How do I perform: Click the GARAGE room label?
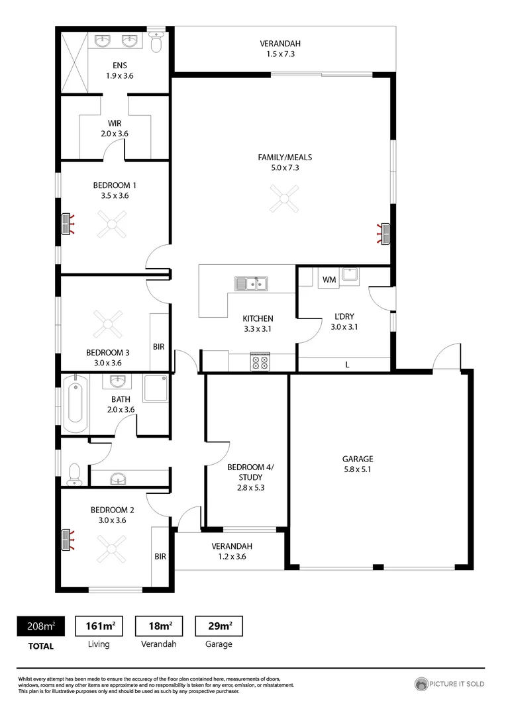358,459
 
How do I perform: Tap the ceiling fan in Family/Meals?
285,198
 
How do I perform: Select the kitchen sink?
251,283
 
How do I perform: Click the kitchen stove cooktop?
259,363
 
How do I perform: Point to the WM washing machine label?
329,280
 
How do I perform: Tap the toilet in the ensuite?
156,43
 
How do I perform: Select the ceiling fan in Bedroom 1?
111,224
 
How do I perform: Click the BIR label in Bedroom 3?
159,346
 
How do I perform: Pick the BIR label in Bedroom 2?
160,557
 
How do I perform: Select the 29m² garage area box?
218,626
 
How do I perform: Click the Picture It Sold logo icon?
421,684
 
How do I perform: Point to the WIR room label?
115,123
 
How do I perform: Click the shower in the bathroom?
156,389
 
